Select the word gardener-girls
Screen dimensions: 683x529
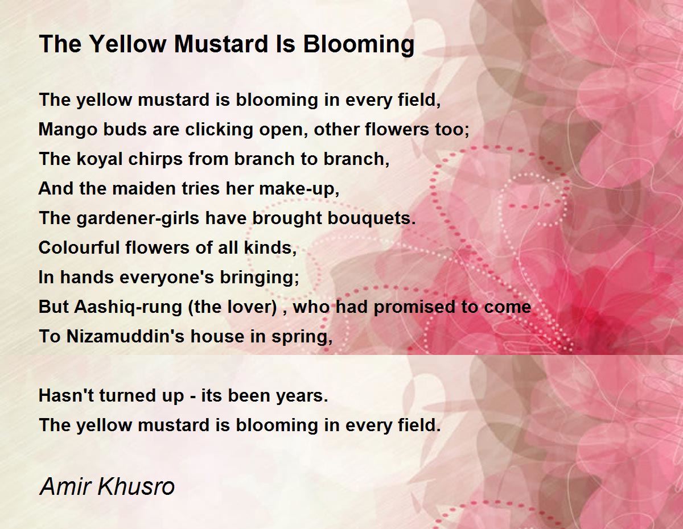138,219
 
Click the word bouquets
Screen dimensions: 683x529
372,219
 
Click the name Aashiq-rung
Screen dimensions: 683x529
128,308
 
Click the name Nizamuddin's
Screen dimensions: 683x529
125,336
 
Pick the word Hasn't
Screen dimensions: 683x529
66,395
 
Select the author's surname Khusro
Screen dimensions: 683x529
136,486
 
